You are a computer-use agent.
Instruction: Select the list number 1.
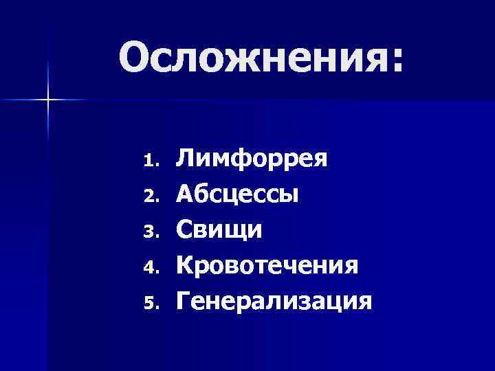point(151,162)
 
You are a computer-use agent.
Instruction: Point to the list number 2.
point(151,197)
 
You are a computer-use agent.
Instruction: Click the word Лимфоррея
point(252,159)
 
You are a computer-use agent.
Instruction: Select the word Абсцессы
point(237,194)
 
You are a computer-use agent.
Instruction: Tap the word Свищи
point(219,229)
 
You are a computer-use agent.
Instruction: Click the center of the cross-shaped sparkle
point(48,100)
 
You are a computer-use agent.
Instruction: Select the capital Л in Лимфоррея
point(187,159)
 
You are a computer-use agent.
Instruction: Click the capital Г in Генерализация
point(185,300)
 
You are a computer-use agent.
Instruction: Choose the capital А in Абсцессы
point(188,194)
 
